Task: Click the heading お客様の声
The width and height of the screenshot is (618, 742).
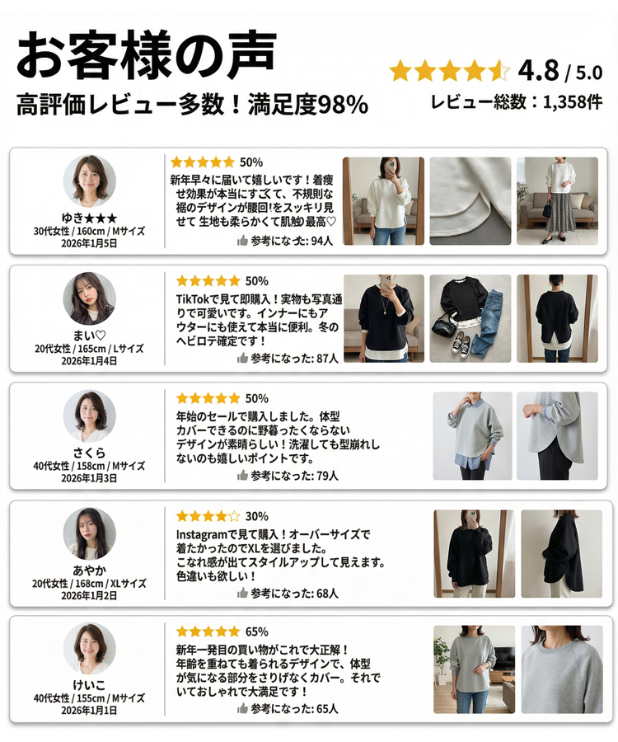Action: point(147,56)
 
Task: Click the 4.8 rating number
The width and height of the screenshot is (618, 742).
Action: point(540,71)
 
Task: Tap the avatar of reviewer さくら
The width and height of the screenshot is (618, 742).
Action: point(89,416)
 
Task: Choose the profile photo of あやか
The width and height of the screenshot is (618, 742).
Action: point(89,533)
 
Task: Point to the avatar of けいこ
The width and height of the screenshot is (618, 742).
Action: point(89,648)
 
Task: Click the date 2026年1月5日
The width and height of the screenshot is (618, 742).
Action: point(89,243)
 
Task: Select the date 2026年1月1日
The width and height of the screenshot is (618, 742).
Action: point(89,710)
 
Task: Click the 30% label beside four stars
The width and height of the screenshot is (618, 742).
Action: point(256,517)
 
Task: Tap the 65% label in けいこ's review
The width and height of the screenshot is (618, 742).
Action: point(256,632)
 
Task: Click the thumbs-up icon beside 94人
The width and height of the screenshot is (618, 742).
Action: point(242,241)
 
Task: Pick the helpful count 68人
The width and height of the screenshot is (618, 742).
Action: point(327,593)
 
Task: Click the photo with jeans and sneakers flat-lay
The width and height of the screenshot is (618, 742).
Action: point(471,319)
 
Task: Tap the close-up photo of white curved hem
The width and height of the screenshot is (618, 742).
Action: point(471,201)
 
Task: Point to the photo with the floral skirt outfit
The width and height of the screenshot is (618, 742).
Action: point(557,201)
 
